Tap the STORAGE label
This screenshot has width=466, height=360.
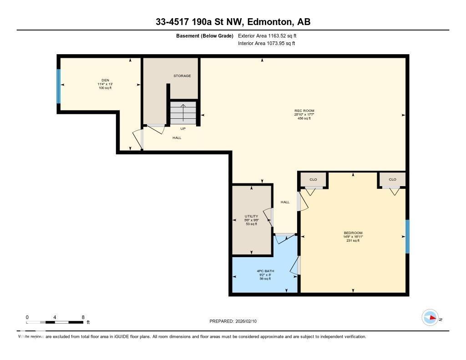182,76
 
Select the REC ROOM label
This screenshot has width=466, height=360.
304,111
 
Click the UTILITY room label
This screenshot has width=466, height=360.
251,216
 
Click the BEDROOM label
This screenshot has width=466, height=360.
353,233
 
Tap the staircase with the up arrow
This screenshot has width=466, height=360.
183,113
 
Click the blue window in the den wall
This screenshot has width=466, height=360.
58,86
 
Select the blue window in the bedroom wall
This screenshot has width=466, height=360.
407,237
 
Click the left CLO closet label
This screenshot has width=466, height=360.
313,179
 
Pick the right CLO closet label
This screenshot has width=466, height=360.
392,179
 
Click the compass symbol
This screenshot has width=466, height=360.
430,318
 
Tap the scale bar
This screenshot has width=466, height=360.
55,322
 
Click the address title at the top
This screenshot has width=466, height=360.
233,22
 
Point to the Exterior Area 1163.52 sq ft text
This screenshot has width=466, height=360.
267,35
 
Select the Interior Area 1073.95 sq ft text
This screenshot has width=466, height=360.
266,44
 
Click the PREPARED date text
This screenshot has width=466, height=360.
233,321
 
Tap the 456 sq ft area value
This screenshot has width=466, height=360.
304,118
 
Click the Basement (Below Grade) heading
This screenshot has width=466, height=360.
205,35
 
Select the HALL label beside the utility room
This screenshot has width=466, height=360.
285,202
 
